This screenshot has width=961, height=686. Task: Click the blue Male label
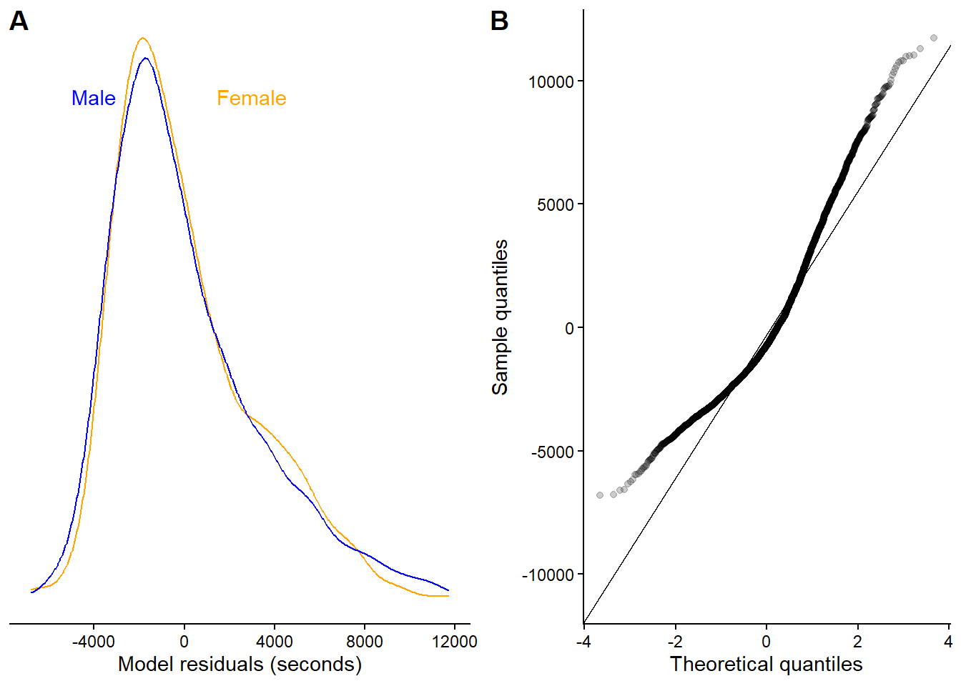tap(93, 99)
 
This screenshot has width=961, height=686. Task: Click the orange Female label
tap(251, 99)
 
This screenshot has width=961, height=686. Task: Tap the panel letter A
tap(19, 21)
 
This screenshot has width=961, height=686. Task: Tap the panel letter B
tap(499, 21)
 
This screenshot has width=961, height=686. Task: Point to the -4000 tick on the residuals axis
tap(94, 641)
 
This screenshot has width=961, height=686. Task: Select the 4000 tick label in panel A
tap(274, 641)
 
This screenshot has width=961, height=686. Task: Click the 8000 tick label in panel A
tap(364, 641)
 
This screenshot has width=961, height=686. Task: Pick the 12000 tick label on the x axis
tap(454, 641)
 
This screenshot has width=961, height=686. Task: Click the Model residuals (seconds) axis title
tap(240, 665)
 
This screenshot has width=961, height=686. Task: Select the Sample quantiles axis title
tap(500, 317)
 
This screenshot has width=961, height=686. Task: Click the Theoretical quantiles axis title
tap(766, 665)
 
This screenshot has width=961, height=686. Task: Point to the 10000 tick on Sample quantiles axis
tap(551, 81)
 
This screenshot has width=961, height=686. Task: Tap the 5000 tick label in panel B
tap(556, 205)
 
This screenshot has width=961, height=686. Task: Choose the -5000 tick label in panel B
tap(553, 452)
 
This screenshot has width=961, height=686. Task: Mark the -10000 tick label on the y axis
tap(548, 575)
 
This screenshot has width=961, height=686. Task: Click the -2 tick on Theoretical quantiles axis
tap(674, 641)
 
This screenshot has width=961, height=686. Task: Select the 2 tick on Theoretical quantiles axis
tap(857, 641)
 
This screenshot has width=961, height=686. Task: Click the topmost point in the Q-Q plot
tap(934, 38)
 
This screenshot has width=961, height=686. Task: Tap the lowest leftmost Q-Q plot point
tap(600, 495)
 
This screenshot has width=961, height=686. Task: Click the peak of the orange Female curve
tap(143, 38)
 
